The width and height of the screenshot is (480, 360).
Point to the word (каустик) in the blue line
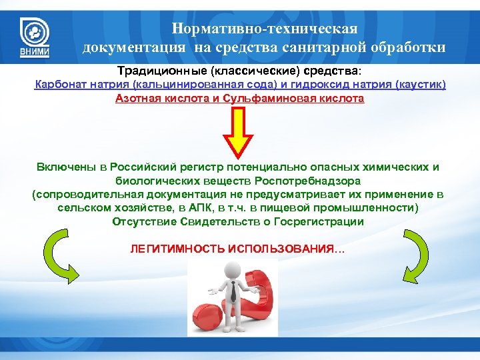pyautogui.click(x=419, y=85)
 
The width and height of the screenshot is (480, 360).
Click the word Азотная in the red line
pyautogui.click(x=138, y=99)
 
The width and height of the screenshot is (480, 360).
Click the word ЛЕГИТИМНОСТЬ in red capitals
pyautogui.click(x=175, y=249)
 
